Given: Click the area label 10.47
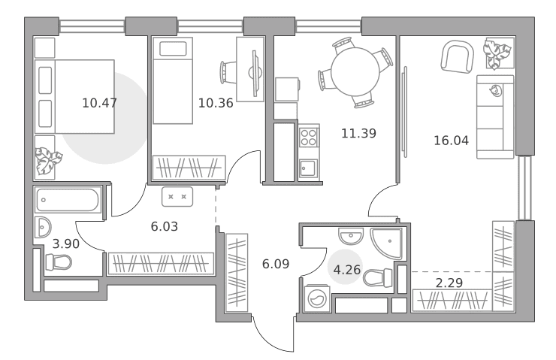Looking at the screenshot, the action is coord(99,103).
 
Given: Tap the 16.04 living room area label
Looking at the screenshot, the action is coord(451,141).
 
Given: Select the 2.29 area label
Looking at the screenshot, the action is coord(449,283).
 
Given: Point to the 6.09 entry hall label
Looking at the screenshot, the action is coord(276,264).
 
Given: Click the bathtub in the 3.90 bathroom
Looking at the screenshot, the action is coord(68,200).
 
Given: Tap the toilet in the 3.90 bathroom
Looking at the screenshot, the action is coord(59,262).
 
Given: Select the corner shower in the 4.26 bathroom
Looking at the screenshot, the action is coord(386,244).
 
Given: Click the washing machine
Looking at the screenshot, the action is coord(317,298).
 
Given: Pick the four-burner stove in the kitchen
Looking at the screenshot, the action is coord(309,138).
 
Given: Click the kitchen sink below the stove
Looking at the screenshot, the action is coord(309,168).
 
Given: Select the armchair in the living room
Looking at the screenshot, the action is coord(458,57).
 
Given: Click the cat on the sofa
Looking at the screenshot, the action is coord(495,91).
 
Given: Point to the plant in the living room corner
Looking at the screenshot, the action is coord(498,53).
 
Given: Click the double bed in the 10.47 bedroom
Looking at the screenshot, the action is coord(74,96).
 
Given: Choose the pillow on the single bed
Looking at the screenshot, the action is coord(173,49).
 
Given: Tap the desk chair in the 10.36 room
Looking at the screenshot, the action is coord(228,73).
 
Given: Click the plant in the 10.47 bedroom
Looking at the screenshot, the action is coord(48,161).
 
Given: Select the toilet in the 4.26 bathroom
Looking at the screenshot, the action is coord(378,277).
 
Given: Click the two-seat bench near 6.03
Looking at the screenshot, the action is coord(177,197).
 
